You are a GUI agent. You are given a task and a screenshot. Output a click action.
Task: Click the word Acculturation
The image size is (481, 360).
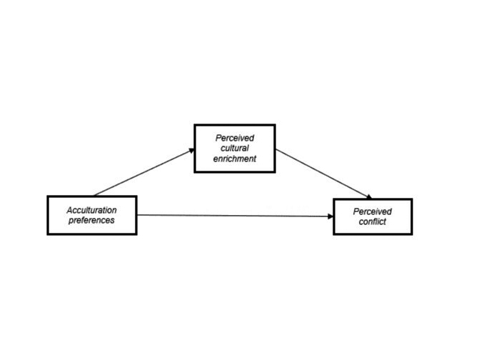click(x=92, y=210)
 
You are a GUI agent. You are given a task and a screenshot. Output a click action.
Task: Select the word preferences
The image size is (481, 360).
click(x=91, y=221)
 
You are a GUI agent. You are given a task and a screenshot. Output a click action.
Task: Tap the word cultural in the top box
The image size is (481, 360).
click(x=235, y=149)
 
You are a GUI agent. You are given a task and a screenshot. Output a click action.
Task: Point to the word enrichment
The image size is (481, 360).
click(x=235, y=159)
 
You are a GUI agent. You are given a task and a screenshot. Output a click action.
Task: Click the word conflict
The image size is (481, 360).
click(x=373, y=221)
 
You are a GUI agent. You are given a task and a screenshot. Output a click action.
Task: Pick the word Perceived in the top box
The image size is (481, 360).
click(x=235, y=138)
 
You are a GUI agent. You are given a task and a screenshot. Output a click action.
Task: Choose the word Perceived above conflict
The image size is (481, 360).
click(x=373, y=211)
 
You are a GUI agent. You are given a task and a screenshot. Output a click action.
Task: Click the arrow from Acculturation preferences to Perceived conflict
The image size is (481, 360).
click(x=235, y=216)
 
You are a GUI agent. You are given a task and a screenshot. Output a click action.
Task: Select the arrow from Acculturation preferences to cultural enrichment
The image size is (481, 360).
click(x=144, y=172)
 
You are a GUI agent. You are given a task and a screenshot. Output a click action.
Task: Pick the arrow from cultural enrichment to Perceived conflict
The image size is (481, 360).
click(x=323, y=174)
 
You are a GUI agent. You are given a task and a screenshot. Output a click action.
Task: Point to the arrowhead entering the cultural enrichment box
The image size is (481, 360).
click(x=192, y=151)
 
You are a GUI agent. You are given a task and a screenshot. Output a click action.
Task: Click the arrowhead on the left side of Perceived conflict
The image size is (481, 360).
click(x=330, y=216)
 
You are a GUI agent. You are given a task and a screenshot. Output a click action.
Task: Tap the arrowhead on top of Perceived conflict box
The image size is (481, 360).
click(x=369, y=196)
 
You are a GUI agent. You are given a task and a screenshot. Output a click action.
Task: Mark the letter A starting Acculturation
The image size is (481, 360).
click(x=70, y=210)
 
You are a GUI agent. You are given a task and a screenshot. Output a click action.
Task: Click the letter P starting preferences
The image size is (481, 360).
click(x=71, y=221)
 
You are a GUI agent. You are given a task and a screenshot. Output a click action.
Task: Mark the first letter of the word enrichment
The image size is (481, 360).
click(x=216, y=159)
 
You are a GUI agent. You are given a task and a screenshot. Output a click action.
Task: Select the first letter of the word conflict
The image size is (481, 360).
click(x=361, y=222)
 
